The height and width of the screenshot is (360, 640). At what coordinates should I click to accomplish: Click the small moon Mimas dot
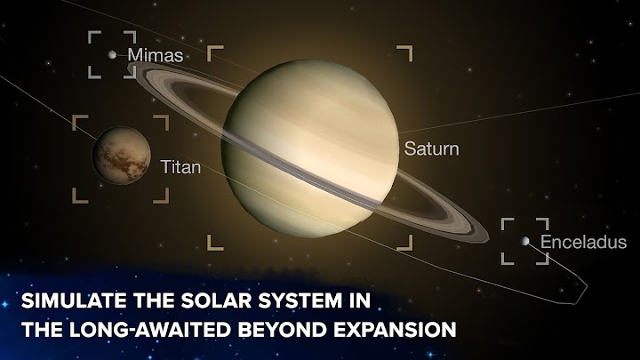(x=112, y=55)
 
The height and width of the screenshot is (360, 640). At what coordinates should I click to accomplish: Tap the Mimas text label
(x=156, y=55)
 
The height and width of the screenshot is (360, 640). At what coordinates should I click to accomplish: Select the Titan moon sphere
(x=121, y=156)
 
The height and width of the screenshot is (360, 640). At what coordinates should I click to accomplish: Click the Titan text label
(x=180, y=167)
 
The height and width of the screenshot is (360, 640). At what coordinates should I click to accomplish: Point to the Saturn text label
(x=431, y=148)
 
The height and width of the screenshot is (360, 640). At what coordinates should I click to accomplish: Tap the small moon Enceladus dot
(x=525, y=241)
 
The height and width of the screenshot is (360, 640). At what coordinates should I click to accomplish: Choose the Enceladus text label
(x=584, y=242)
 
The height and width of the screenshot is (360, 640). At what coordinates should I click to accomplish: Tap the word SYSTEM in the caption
(x=300, y=300)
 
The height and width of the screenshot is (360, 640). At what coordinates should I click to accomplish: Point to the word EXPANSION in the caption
(x=395, y=330)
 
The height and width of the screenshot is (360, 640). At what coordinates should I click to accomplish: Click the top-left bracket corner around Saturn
(x=209, y=47)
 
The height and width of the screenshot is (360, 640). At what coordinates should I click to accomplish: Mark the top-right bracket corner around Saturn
(x=411, y=47)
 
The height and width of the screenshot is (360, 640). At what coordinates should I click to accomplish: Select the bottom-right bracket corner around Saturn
(x=411, y=249)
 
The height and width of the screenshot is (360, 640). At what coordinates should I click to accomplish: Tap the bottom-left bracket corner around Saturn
(x=209, y=249)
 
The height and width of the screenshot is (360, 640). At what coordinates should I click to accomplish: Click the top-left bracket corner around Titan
(x=74, y=116)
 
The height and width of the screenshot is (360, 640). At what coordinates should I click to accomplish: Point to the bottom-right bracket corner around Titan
(x=167, y=201)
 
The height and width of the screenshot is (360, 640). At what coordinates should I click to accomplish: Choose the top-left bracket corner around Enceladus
(x=503, y=220)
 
